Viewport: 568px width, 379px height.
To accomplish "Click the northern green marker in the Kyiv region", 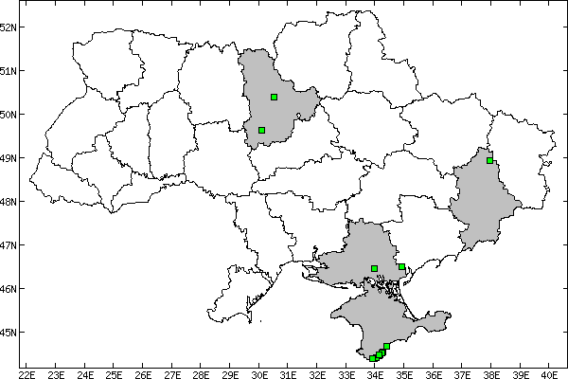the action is point(274,97).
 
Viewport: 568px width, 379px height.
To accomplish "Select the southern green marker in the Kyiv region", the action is point(261,130).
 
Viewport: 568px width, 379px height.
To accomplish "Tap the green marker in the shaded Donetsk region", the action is point(489,160).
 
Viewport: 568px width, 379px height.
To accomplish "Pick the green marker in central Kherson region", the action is point(375,268).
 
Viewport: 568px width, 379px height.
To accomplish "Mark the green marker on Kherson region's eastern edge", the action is point(402,267).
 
